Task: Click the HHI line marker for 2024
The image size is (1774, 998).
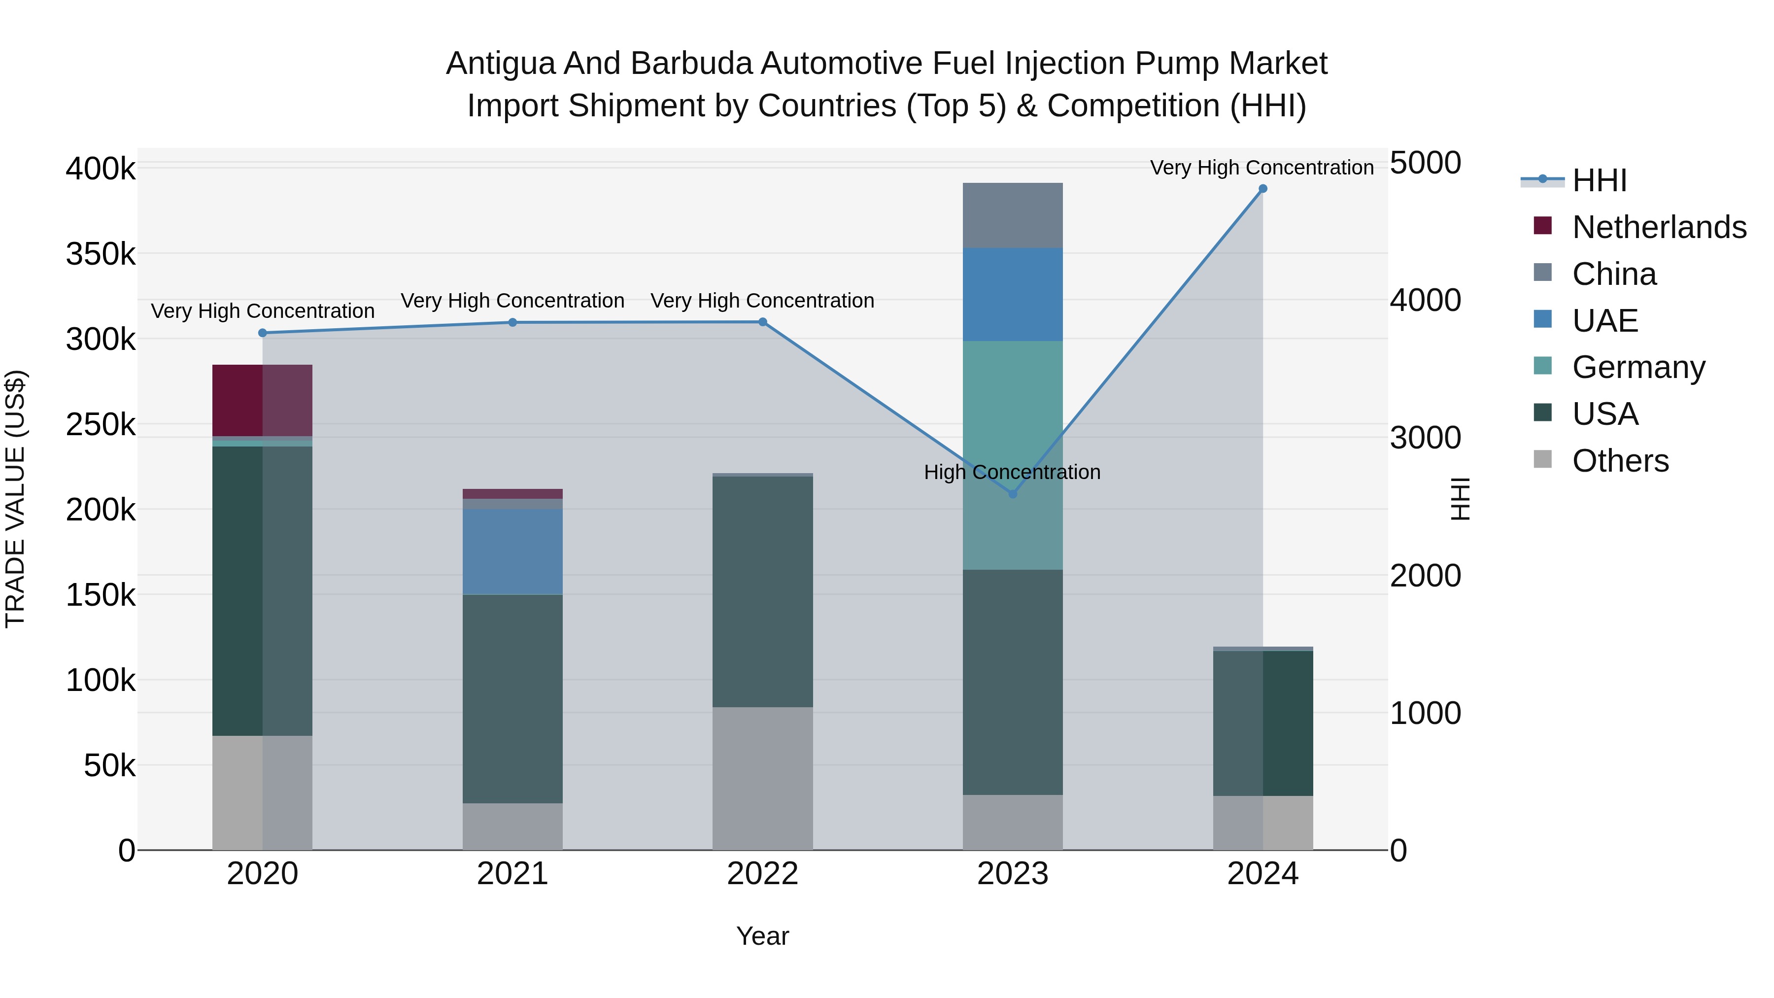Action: tap(1262, 189)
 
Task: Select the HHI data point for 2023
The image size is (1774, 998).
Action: tap(1012, 494)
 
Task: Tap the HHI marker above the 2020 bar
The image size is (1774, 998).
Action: tap(262, 333)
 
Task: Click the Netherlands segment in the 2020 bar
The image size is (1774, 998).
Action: tap(262, 400)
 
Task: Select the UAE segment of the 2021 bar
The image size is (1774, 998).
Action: tap(512, 551)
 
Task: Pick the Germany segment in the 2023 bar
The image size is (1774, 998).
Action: tap(1012, 454)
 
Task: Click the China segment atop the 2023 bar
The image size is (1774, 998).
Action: tap(1012, 215)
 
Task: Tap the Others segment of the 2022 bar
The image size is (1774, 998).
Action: tap(762, 778)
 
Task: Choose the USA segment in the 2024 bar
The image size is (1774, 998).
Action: tap(1262, 723)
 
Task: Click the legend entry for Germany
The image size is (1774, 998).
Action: tap(1638, 367)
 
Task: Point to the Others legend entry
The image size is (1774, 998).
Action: tap(1620, 461)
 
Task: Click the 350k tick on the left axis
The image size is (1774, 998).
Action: tap(101, 254)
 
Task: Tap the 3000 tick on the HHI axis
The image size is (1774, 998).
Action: tap(1425, 438)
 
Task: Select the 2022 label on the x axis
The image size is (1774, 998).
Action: tap(762, 874)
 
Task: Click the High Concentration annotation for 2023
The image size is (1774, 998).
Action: tap(1012, 473)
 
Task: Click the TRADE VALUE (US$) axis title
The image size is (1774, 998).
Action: tap(15, 499)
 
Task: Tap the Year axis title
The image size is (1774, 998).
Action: tap(762, 936)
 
